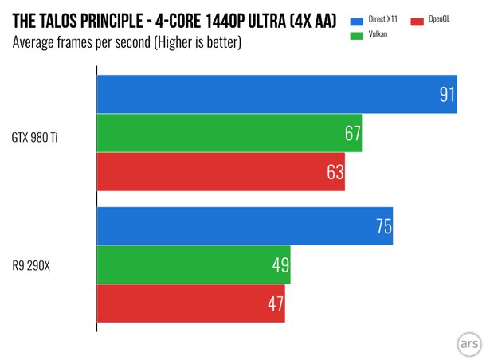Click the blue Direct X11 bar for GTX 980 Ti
coord(276,95)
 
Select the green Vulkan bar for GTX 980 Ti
coord(229,133)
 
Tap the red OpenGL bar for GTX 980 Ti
coord(221,172)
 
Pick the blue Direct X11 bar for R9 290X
coord(245,226)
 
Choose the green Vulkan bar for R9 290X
coord(193,264)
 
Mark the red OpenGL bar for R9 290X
coord(190,303)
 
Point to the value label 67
coord(353,134)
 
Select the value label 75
coord(383,227)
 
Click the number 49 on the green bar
coord(280,265)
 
